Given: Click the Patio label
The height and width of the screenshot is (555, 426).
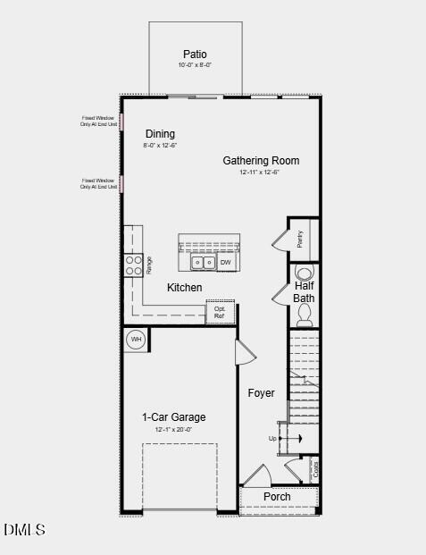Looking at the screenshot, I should coord(195,55).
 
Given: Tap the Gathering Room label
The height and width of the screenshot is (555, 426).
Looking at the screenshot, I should coord(261,161).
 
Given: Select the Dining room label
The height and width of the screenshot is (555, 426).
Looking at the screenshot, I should coord(160,134).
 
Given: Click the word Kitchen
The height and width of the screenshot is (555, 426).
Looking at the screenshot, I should coord(185,288).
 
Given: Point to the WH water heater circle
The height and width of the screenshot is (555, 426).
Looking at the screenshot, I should coord(137,339).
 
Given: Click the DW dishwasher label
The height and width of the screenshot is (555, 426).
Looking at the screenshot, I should coord(226,263).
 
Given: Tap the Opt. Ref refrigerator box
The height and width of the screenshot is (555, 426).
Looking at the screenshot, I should coord(220,312).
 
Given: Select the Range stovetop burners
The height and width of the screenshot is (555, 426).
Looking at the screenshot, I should coord(133,265).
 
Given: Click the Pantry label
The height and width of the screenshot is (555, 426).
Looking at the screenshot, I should coord(300,240).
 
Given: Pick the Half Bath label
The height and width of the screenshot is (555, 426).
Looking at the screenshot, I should coord(305,292).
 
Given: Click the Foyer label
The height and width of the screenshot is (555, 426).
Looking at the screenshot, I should coord(261,393).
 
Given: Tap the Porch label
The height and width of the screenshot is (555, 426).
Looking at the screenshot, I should coord(277,497).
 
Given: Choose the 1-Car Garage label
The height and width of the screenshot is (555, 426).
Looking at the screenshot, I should coord(173,417).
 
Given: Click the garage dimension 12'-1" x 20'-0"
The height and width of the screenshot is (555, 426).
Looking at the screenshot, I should coord(173,430).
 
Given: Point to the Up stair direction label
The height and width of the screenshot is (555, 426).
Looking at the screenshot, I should coord(273,438).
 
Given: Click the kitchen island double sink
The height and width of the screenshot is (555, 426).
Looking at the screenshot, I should coord(203,263).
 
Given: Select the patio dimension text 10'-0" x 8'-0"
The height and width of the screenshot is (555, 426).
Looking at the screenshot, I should coord(195,65).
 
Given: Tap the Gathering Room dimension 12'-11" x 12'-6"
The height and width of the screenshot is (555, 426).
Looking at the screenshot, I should coord(261,172).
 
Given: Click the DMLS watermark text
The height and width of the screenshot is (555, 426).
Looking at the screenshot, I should coord(24,531).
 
